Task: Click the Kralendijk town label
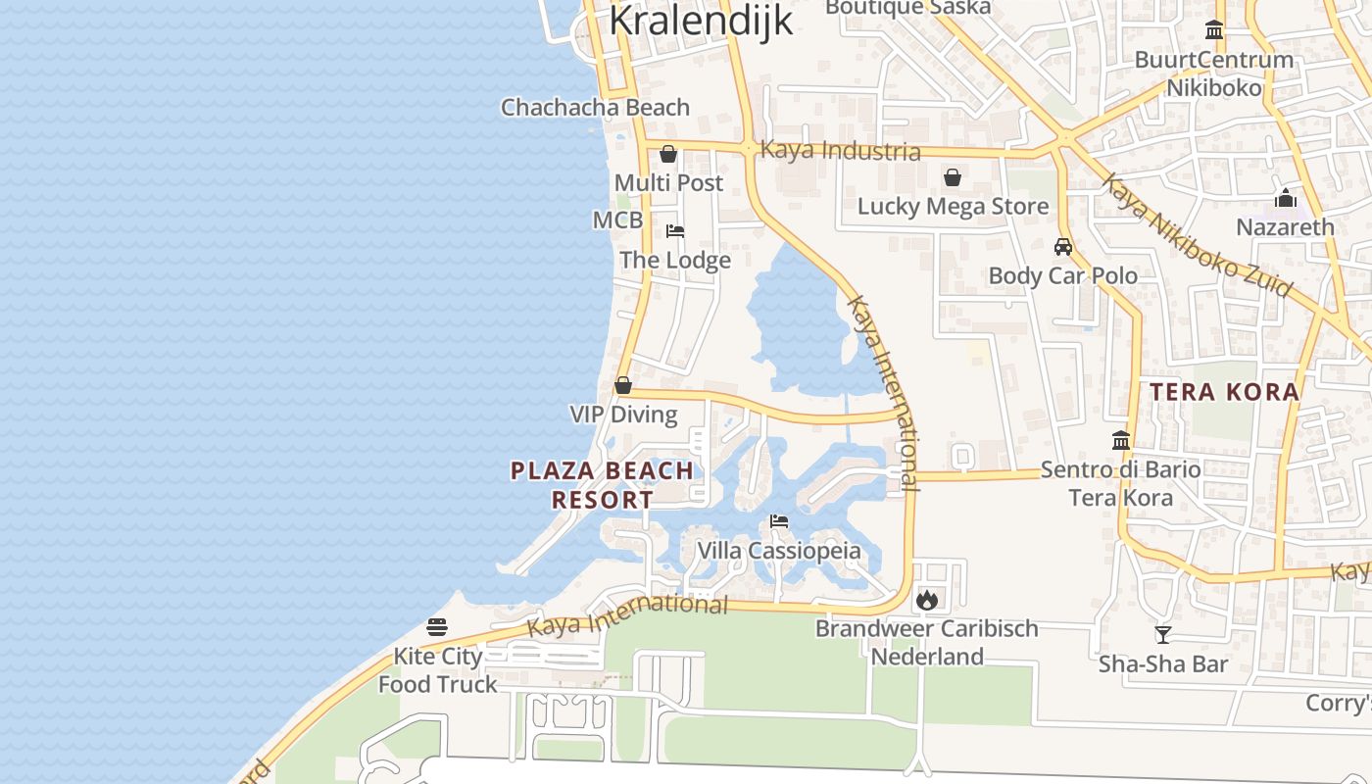click(x=701, y=20)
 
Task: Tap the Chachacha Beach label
click(x=595, y=107)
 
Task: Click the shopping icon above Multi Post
click(x=668, y=154)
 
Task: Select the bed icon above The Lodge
click(x=675, y=231)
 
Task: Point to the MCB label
click(x=617, y=220)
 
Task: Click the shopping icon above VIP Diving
click(x=623, y=385)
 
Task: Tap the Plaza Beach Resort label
click(x=602, y=485)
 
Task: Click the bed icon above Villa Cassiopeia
click(x=779, y=521)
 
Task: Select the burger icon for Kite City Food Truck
click(x=437, y=627)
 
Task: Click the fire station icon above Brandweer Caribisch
click(x=926, y=600)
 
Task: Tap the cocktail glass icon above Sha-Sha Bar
click(x=1162, y=635)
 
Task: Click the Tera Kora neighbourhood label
click(x=1224, y=392)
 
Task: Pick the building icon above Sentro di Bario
click(x=1121, y=441)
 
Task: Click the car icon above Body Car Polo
click(x=1063, y=247)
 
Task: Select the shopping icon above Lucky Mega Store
click(x=952, y=177)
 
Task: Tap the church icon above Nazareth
click(x=1285, y=198)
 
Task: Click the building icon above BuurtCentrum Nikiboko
click(x=1214, y=30)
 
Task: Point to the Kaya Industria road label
click(x=840, y=151)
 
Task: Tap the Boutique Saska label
click(x=907, y=8)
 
